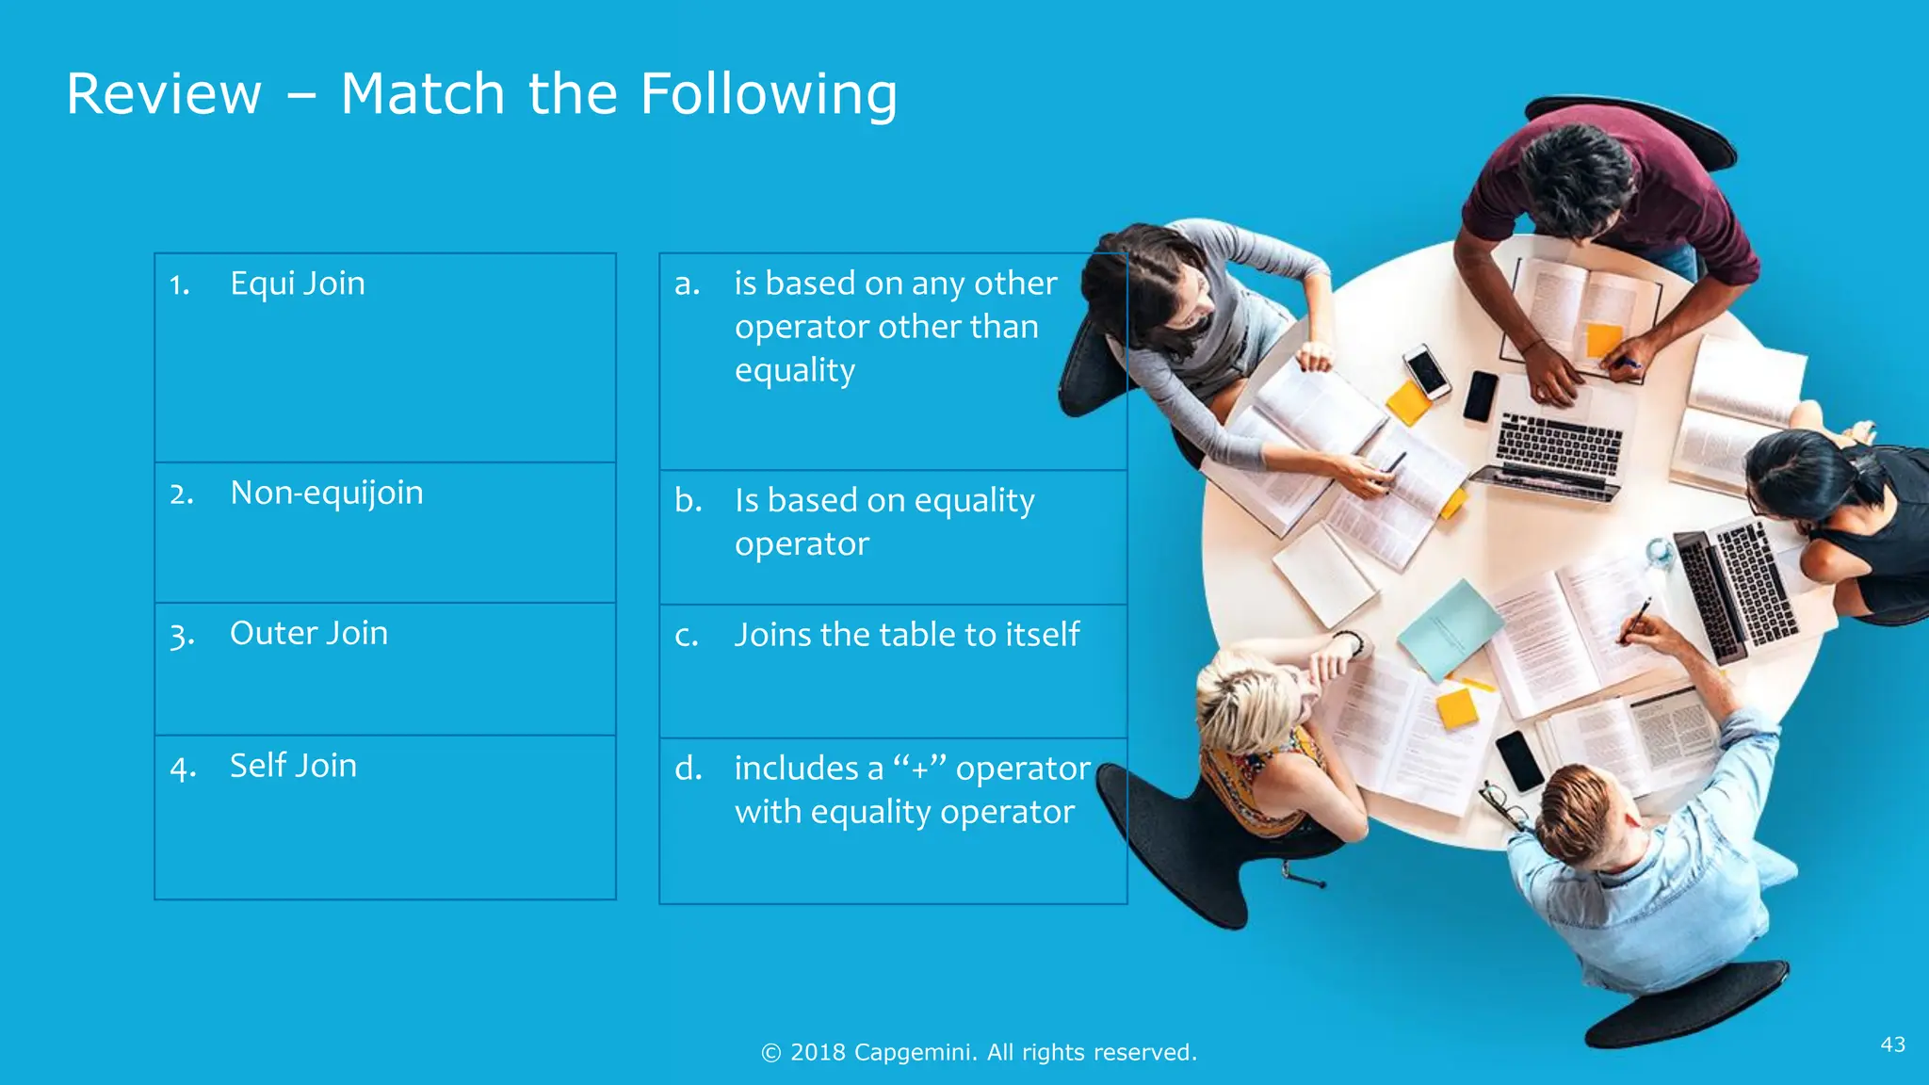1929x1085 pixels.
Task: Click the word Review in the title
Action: (x=164, y=94)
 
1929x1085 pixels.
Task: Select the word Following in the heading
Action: (x=769, y=94)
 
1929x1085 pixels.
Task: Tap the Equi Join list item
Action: (x=297, y=283)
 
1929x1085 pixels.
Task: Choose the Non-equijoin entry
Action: (x=326, y=493)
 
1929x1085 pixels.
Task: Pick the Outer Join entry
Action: (x=308, y=633)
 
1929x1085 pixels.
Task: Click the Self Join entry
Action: (x=293, y=766)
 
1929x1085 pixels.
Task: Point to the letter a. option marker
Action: (x=687, y=283)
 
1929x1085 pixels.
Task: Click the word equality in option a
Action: (x=794, y=371)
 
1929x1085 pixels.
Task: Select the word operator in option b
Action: (x=802, y=544)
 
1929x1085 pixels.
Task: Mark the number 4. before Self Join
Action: (x=182, y=769)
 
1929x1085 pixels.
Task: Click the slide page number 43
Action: (x=1892, y=1045)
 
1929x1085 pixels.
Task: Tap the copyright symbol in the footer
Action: (x=770, y=1053)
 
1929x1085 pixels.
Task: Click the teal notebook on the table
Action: (x=1450, y=628)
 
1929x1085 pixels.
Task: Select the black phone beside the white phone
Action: (x=1480, y=396)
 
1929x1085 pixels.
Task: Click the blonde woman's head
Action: (x=1248, y=697)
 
